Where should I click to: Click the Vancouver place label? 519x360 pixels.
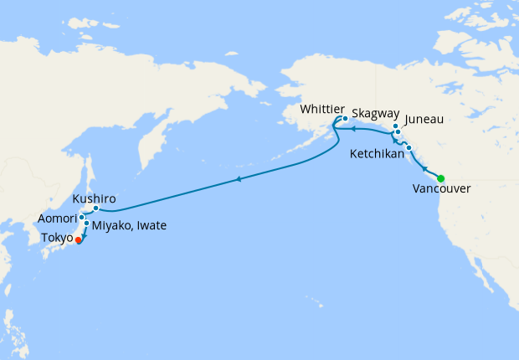[441, 189]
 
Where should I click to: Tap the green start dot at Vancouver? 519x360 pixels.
[440, 177]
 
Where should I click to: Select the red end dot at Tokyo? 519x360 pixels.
[79, 239]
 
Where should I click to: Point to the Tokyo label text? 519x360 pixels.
[56, 238]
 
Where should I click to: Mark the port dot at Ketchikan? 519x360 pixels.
[409, 147]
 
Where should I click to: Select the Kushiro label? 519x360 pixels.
[92, 198]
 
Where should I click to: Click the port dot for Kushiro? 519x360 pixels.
[96, 208]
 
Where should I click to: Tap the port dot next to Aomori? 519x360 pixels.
[81, 217]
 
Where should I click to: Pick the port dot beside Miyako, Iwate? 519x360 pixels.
[86, 224]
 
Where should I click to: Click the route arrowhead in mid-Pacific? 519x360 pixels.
[239, 179]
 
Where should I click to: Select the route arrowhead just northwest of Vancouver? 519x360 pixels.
[425, 168]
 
